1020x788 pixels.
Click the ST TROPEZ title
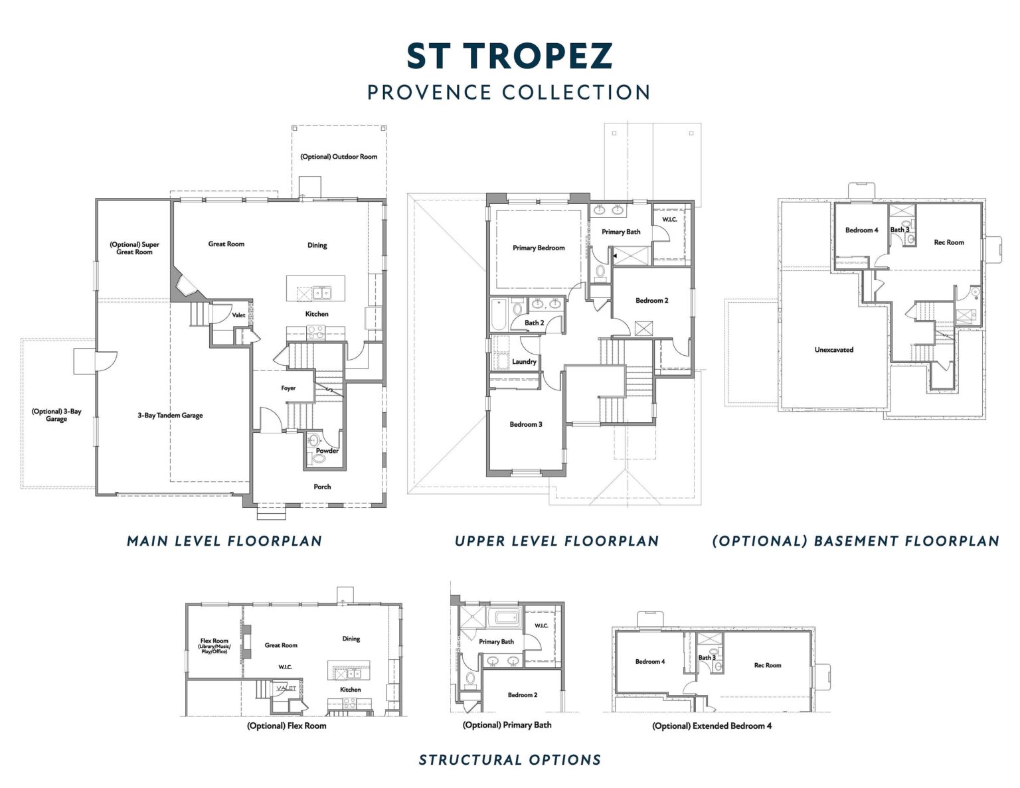tap(509, 56)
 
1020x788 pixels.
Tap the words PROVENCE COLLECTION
tap(509, 92)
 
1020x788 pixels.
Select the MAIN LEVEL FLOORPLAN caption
tap(224, 541)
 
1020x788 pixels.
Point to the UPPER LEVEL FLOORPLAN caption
tap(556, 541)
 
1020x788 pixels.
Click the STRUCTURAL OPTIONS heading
tap(510, 760)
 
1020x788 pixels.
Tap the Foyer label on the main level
tap(288, 388)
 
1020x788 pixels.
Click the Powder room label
tap(327, 451)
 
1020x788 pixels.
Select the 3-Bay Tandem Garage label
tap(170, 415)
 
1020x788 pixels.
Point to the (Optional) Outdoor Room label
tap(339, 157)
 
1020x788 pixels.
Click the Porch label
tap(322, 487)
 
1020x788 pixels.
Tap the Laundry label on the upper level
tap(524, 362)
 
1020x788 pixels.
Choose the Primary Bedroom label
tap(539, 248)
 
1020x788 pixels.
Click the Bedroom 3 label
tap(526, 424)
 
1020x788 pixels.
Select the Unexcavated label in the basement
tap(833, 350)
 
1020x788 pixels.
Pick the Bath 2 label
tap(534, 323)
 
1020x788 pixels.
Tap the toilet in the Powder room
tap(319, 458)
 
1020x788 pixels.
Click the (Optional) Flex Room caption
tap(286, 726)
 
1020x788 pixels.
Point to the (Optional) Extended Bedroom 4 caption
tap(712, 726)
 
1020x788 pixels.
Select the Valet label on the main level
tap(238, 315)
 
